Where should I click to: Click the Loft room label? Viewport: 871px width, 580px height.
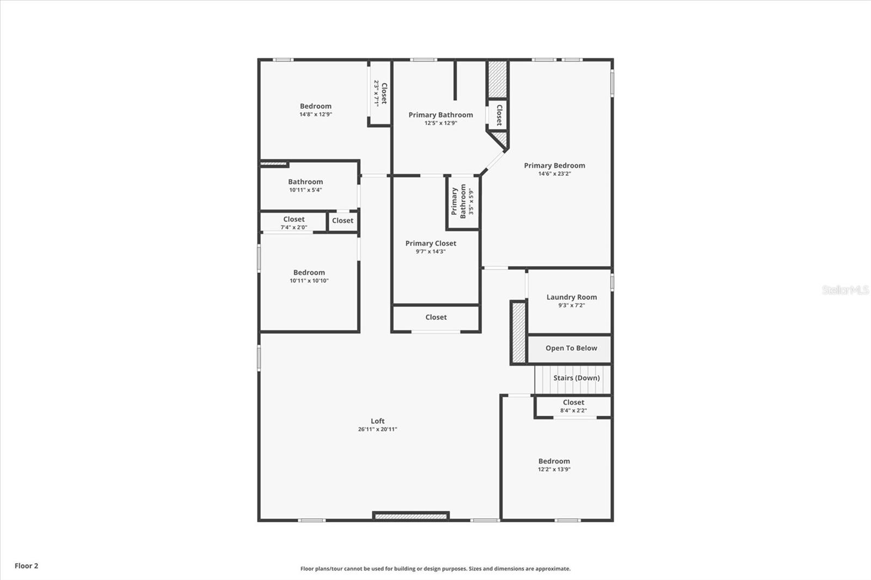tap(377, 421)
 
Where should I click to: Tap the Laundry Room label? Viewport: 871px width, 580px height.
tap(572, 297)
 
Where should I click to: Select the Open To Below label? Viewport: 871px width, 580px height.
tap(571, 348)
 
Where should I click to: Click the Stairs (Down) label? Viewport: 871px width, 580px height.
tap(576, 378)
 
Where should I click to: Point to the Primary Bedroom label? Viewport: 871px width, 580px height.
tap(554, 165)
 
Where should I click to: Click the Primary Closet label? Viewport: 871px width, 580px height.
tap(431, 243)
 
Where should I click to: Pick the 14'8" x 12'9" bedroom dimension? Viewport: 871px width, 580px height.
tap(315, 115)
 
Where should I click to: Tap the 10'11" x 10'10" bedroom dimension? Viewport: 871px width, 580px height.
tap(309, 281)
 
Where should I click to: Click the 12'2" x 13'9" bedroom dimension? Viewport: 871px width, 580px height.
tap(554, 470)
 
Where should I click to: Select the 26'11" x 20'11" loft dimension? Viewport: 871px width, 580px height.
tap(377, 429)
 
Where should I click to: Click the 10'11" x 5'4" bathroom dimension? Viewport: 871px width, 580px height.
tap(305, 190)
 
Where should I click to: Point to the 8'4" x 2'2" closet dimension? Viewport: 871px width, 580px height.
tap(573, 411)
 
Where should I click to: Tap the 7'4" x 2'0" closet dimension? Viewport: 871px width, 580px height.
tap(293, 227)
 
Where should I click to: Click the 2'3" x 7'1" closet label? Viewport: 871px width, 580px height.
tap(380, 94)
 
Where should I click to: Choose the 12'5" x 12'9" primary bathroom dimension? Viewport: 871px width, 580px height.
tap(440, 123)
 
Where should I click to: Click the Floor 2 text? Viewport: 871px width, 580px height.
tap(26, 566)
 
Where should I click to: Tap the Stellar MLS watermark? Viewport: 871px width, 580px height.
tap(845, 290)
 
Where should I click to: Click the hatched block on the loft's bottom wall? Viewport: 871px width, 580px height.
tap(411, 516)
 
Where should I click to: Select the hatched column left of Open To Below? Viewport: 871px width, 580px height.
tap(518, 332)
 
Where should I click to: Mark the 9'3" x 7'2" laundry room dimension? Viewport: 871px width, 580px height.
tap(571, 305)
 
